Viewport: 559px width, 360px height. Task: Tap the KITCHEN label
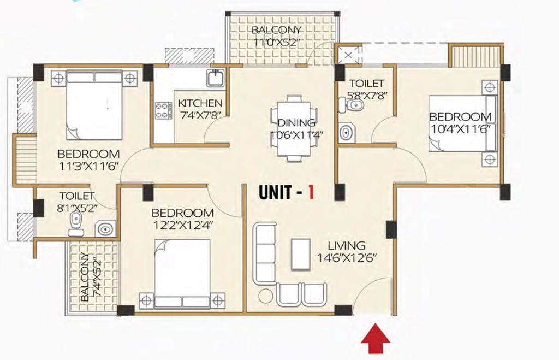(200, 103)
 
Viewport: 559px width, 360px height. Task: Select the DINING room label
(296, 123)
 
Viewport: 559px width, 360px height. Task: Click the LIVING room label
(347, 245)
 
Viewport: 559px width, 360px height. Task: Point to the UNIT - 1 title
(286, 192)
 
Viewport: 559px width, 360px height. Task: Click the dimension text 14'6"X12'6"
(347, 258)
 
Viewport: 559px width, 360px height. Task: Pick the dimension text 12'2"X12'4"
(182, 225)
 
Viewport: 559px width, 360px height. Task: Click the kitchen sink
(216, 79)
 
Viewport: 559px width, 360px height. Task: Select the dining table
(294, 128)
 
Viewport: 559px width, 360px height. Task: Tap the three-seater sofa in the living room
(265, 253)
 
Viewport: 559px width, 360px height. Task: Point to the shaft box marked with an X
(349, 55)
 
